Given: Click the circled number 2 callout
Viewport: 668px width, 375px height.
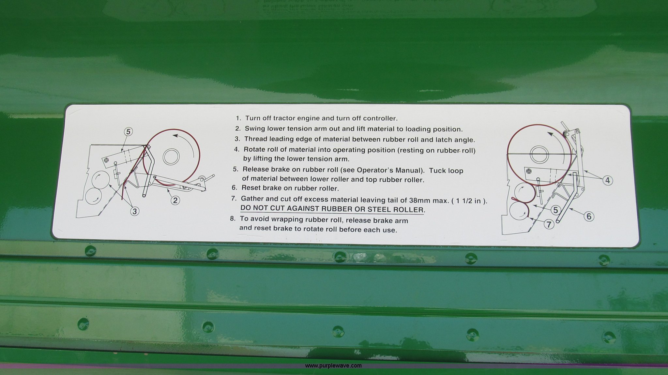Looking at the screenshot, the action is pos(175,200).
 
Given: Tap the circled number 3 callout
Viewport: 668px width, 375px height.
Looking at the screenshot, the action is pos(134,211).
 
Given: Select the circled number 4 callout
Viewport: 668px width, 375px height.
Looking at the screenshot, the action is pos(608,180).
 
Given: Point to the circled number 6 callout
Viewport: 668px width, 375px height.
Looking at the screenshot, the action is pos(589,217).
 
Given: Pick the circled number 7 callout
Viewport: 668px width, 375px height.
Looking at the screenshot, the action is pos(549,224).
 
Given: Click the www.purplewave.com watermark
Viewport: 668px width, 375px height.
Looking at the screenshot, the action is pos(333,366).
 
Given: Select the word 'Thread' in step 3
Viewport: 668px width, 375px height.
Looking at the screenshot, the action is pos(255,139).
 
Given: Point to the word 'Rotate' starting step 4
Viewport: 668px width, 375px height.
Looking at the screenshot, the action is pos(254,150).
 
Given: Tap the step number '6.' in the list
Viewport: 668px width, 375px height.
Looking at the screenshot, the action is pos(234,188).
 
